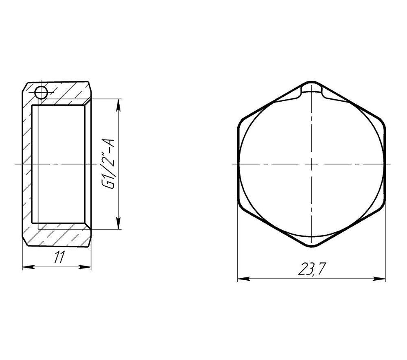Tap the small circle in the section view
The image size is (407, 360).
point(41,93)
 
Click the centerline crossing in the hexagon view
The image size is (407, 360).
point(311,164)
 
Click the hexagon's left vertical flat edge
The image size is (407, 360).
point(238,164)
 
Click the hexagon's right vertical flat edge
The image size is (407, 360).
point(385,164)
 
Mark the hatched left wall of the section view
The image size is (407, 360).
point(27,164)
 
